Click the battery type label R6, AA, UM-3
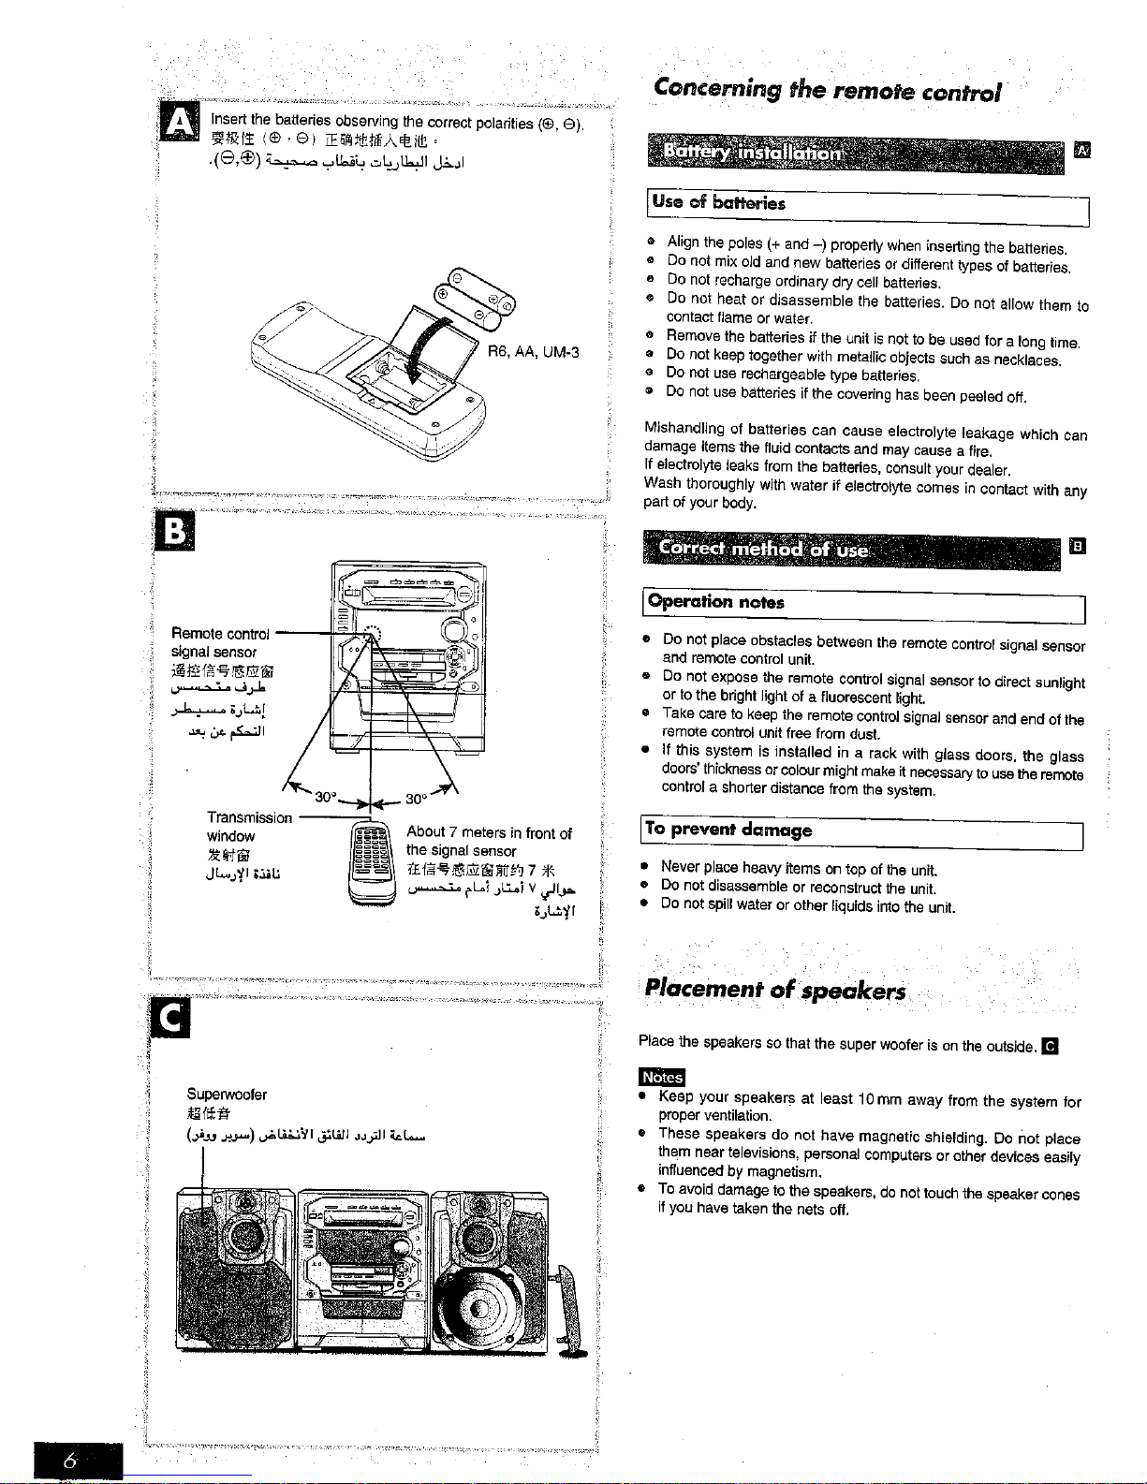pyautogui.click(x=533, y=352)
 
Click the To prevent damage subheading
pyautogui.click(x=728, y=830)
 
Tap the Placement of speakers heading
pyautogui.click(x=775, y=992)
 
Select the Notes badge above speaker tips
pyautogui.click(x=661, y=1078)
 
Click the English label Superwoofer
pyautogui.click(x=227, y=1095)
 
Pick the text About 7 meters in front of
pyautogui.click(x=489, y=833)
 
